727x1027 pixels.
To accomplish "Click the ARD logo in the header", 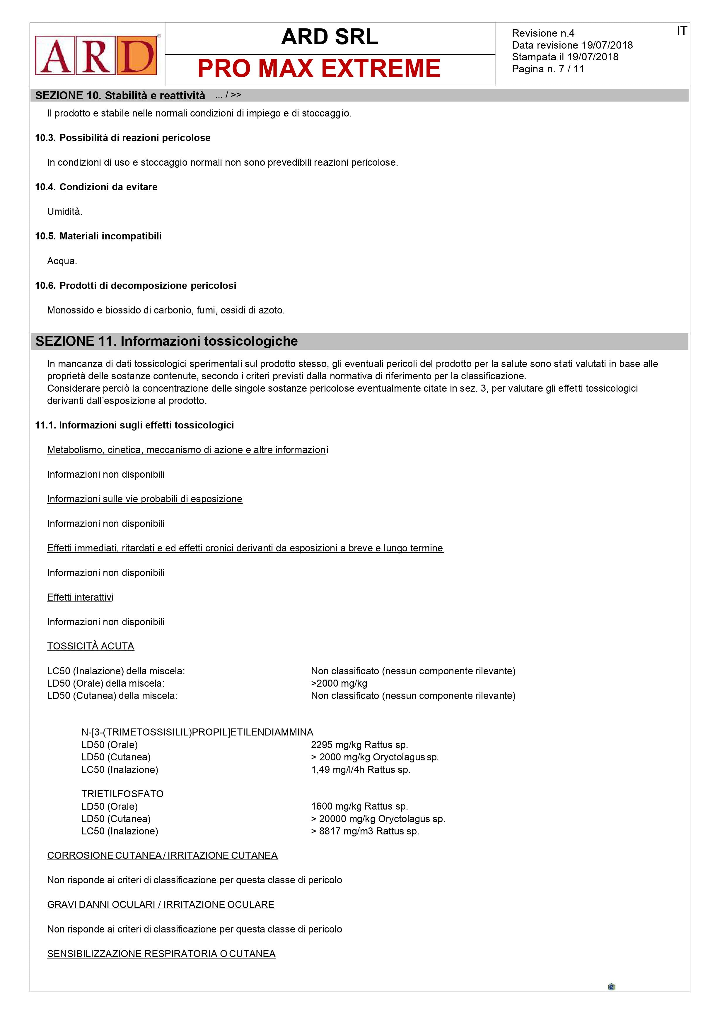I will click(x=96, y=56).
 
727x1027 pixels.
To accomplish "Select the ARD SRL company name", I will click(x=330, y=37).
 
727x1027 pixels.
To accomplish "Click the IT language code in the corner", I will click(x=681, y=31).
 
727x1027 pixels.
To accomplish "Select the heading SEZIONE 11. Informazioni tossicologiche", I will click(x=167, y=341).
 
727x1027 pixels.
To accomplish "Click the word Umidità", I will click(x=64, y=212).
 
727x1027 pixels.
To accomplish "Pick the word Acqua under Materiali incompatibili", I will click(x=62, y=261).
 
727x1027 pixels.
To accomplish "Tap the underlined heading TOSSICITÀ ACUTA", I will click(x=91, y=646).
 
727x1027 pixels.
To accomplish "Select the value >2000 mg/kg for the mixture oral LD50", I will click(x=339, y=683).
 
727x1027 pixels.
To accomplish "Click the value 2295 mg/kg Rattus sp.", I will click(x=359, y=745).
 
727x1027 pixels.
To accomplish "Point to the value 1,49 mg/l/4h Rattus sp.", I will click(x=360, y=770).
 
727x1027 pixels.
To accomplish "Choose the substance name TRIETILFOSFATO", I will click(x=122, y=794).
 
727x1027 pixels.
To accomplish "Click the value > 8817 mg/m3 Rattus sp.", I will click(x=365, y=831).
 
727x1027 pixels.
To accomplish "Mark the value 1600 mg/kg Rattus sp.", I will click(x=359, y=807).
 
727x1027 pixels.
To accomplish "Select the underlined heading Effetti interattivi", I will click(x=80, y=598).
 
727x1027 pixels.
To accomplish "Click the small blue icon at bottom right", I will click(x=612, y=987).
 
